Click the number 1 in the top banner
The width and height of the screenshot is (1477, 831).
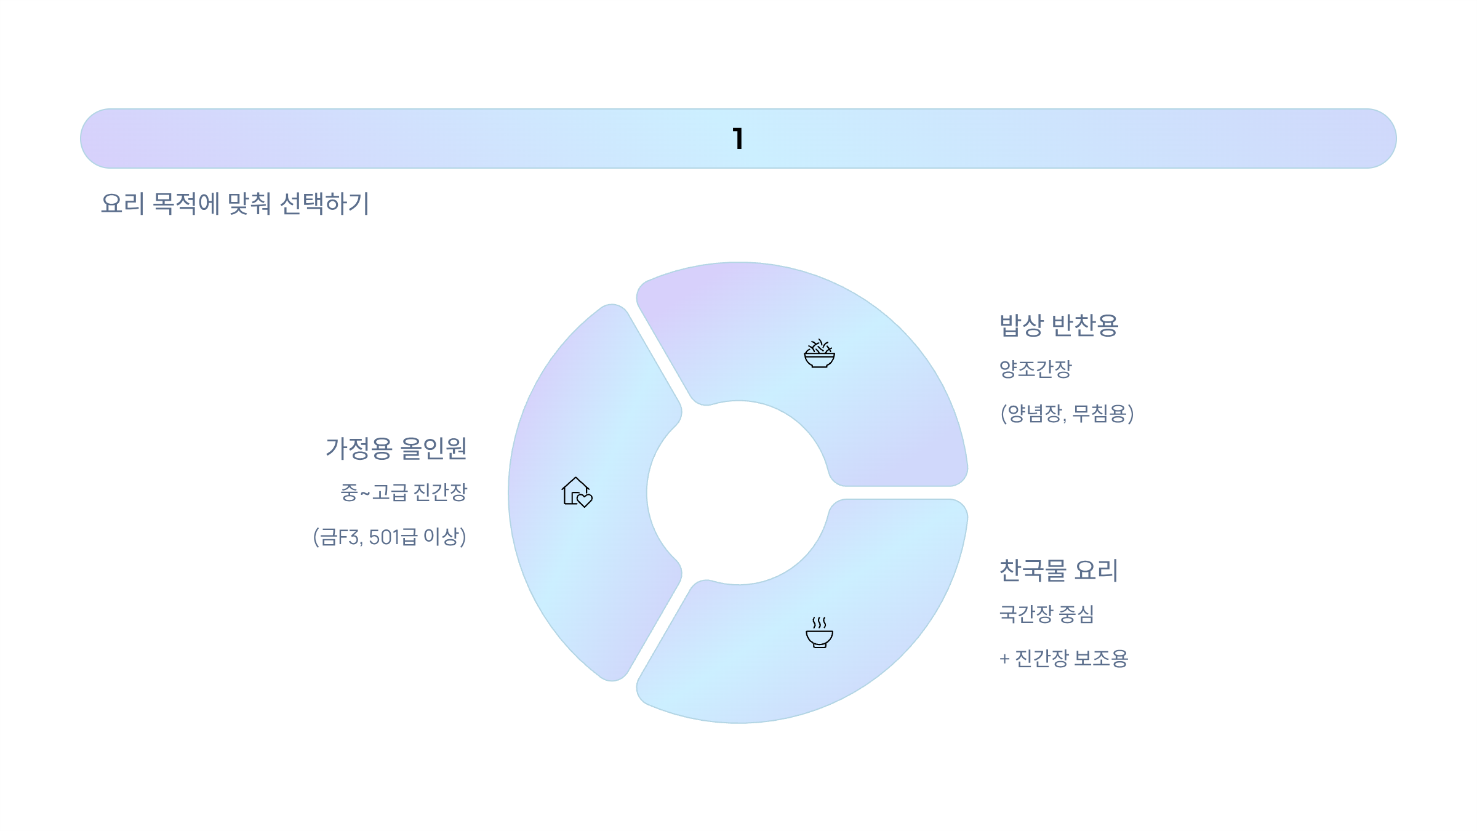[x=738, y=138]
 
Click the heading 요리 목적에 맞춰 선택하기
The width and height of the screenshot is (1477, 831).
[x=234, y=203]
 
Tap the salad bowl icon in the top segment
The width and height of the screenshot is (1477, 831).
[x=819, y=354]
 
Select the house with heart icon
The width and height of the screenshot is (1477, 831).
[x=577, y=492]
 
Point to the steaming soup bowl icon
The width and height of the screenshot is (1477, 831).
[x=819, y=632]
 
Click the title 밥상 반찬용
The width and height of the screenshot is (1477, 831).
[x=1059, y=325]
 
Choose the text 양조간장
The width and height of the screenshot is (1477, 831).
[x=1035, y=369]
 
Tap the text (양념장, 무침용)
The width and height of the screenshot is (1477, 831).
[x=1067, y=413]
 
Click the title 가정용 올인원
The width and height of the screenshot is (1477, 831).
[x=396, y=448]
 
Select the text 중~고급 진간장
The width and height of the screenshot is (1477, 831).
[x=404, y=492]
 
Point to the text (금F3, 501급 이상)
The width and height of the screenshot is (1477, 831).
[x=390, y=537]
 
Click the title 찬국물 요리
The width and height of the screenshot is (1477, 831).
[x=1059, y=570]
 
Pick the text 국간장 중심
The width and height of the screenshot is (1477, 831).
[x=1046, y=614]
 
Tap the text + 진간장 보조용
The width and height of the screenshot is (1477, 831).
[x=1063, y=658]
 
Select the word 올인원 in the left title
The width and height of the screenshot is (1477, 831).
[x=434, y=448]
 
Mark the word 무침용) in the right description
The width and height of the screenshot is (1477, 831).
[x=1103, y=413]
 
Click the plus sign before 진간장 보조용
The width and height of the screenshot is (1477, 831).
[x=1004, y=659]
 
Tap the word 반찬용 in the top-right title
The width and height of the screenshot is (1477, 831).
[x=1084, y=325]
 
